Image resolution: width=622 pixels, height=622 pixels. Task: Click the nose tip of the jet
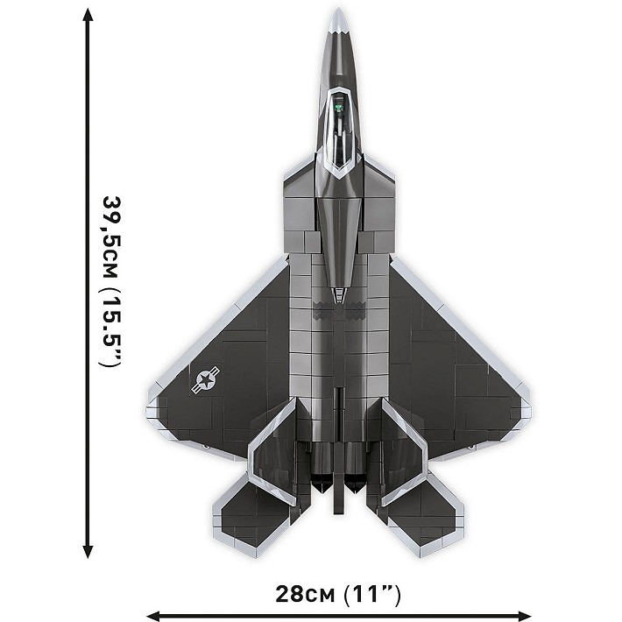pyautogui.click(x=337, y=12)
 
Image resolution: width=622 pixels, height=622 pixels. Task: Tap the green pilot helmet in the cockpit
pyautogui.click(x=337, y=110)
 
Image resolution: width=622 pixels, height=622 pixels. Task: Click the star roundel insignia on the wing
pyautogui.click(x=207, y=379)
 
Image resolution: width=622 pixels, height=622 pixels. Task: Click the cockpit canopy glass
pyautogui.click(x=337, y=131)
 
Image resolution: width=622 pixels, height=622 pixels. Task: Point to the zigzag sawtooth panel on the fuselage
pyautogui.click(x=337, y=307)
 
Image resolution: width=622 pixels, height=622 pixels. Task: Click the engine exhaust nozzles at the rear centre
pyautogui.click(x=337, y=477)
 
